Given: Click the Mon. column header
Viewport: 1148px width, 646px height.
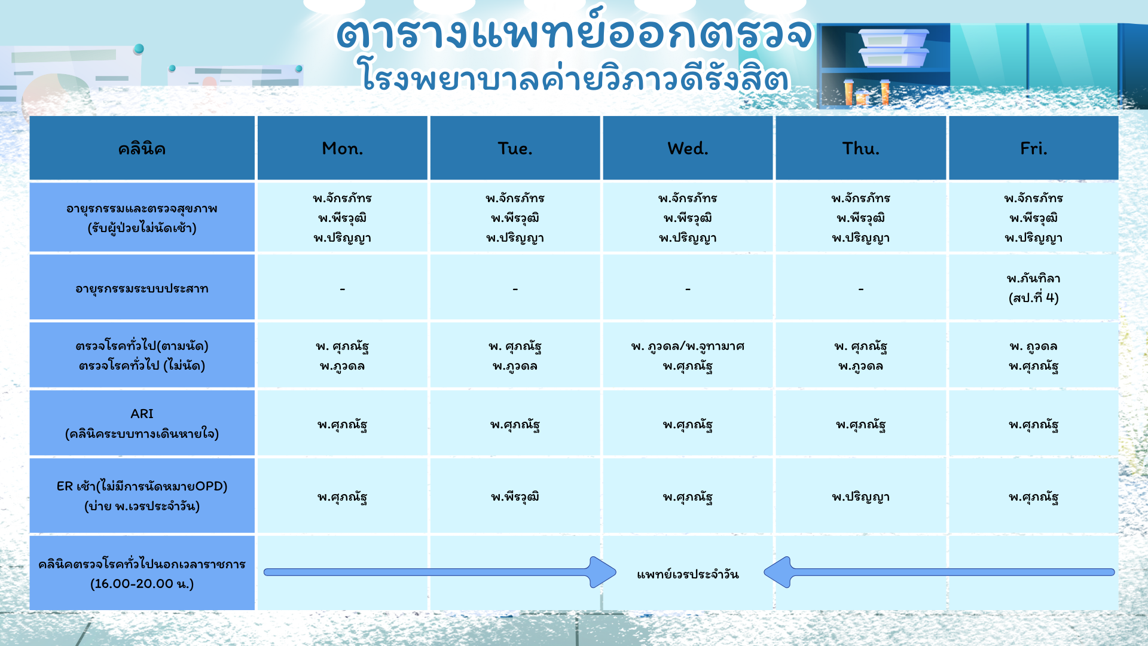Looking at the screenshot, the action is point(342,148).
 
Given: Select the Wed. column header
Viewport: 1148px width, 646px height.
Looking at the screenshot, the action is point(688,148).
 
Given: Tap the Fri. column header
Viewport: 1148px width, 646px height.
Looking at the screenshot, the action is point(1033,148).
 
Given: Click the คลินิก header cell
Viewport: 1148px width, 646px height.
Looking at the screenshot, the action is point(142,148).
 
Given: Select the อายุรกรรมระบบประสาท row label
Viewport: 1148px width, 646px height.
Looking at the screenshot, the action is point(142,289).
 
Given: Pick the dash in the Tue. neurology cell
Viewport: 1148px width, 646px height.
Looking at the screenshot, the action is point(515,290).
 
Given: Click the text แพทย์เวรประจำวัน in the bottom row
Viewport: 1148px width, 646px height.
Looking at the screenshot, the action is point(688,574).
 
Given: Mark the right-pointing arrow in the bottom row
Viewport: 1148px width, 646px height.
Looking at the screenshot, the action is point(439,572).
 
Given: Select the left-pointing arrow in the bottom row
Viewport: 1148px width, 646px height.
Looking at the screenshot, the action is point(939,572).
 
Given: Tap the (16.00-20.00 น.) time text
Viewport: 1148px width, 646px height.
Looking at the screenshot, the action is point(142,584).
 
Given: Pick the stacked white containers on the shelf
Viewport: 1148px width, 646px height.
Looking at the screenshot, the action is point(894,48).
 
